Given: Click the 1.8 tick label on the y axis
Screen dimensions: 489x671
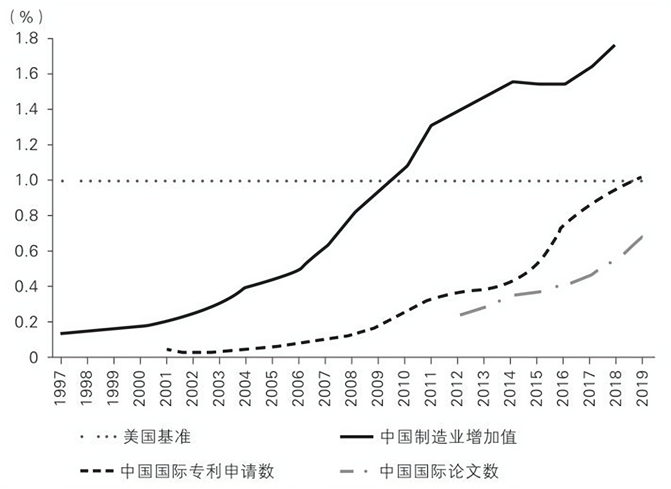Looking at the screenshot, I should pos(27,39).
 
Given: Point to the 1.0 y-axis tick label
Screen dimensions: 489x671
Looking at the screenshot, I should pos(27,180).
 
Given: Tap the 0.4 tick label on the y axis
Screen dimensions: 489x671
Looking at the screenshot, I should pos(27,286).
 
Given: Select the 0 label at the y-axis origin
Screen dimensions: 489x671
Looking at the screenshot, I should pos(34,358).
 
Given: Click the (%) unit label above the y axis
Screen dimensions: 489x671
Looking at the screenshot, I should pos(27,17).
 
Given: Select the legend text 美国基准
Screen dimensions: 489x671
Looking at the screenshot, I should pos(157,437).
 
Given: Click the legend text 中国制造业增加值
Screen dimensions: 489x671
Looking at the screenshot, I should pos(448,437).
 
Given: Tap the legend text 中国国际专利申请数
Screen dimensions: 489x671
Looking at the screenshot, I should pos(197,471).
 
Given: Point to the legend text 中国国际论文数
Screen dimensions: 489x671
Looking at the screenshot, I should pos(439,471).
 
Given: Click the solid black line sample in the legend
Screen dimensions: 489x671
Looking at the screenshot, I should pos(357,437).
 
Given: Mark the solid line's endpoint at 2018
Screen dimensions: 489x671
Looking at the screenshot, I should pos(615,45).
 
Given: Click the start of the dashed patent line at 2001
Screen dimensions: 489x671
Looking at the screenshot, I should pos(168,349).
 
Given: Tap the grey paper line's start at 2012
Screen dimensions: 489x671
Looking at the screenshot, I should pos(460,315).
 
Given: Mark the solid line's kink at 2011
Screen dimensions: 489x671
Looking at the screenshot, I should pos(431,125).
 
